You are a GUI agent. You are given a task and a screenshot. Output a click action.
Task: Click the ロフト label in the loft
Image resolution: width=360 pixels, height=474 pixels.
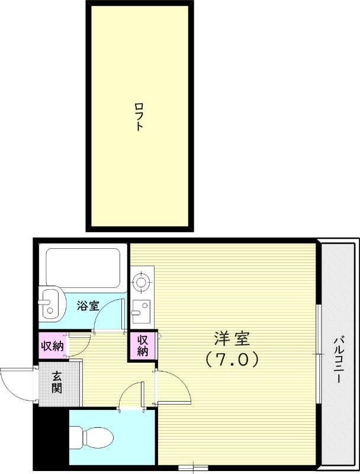coord(139,117)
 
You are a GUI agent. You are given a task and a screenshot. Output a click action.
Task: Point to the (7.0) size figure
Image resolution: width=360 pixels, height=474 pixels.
coord(232,359)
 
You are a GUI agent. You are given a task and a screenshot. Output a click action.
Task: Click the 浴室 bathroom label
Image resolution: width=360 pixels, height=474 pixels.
coord(88,306)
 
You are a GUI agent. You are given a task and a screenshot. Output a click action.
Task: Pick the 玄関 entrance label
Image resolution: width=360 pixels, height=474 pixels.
coord(57,382)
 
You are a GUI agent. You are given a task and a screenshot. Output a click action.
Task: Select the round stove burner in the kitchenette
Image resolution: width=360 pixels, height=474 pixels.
coord(141,283)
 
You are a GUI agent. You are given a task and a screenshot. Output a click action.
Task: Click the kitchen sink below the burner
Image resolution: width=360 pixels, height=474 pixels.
coord(141,309)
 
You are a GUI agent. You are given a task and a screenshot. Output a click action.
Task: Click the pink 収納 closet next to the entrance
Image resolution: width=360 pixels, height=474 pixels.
coord(52,346)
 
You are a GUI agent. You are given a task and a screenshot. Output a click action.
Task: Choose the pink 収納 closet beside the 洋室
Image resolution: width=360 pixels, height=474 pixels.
coord(143,345)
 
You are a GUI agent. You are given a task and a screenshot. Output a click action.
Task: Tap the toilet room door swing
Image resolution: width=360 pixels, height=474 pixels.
coord(131,396)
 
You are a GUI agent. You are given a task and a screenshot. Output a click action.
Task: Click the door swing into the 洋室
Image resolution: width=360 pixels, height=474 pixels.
coord(173,387)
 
